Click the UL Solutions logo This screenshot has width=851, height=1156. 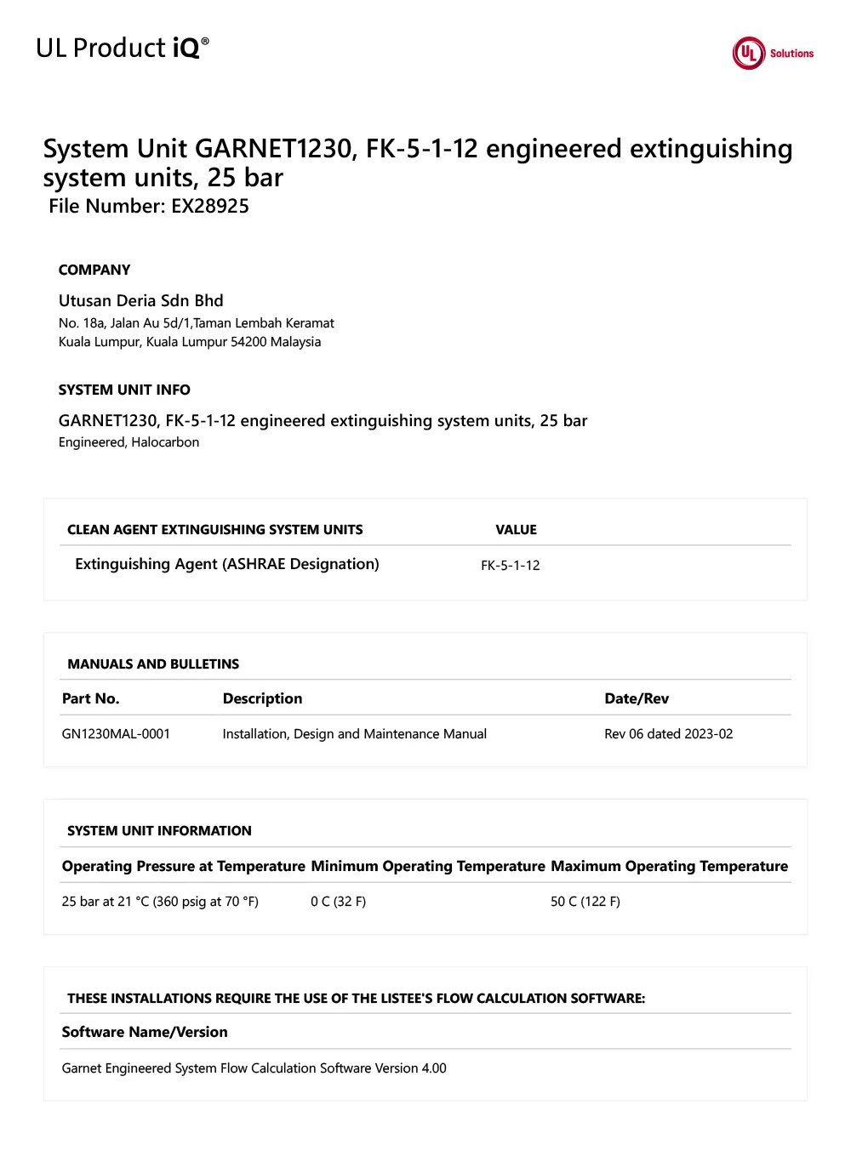click(772, 53)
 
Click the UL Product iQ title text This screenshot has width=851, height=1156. click(122, 48)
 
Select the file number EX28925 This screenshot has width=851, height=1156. click(210, 207)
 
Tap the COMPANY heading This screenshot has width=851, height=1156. click(94, 270)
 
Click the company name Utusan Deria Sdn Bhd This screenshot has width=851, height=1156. click(140, 301)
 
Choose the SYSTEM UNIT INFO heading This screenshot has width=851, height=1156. click(124, 390)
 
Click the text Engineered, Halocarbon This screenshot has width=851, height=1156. click(129, 442)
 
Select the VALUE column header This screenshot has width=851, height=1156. click(516, 530)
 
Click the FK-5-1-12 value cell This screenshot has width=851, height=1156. click(510, 566)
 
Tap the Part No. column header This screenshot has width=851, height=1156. click(90, 699)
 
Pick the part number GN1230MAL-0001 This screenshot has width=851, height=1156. click(116, 734)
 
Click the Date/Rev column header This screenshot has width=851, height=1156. click(636, 699)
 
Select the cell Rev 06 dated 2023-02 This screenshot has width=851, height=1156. click(668, 734)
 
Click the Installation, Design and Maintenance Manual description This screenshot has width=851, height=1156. click(354, 734)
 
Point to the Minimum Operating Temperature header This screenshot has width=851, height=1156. click(427, 867)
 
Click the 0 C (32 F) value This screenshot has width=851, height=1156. click(338, 902)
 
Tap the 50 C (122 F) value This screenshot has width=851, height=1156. click(585, 902)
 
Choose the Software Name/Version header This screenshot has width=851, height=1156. click(145, 1033)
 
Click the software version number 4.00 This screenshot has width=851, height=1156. click(434, 1068)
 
